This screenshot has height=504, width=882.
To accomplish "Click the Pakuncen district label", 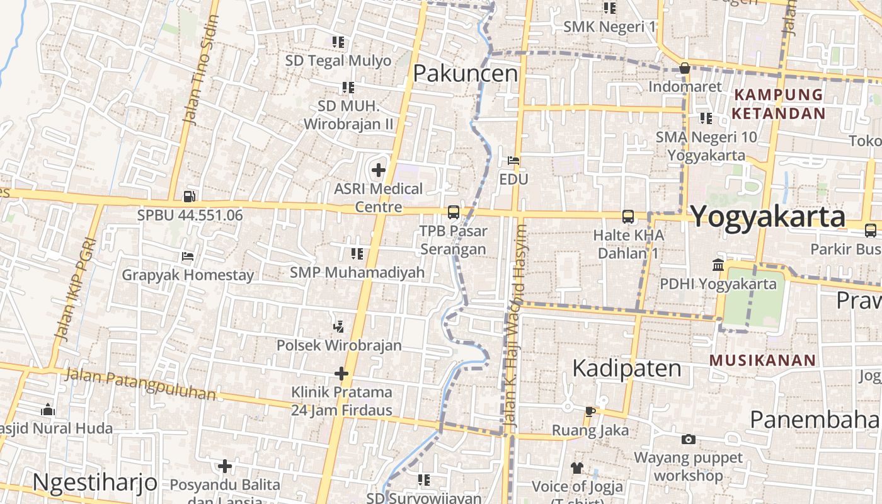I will click(x=465, y=74).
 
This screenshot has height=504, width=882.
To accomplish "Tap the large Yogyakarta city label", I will click(x=768, y=217).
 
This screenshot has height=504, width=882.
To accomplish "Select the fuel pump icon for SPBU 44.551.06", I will click(x=189, y=197).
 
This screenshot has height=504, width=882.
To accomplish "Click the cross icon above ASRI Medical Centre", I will click(x=378, y=170).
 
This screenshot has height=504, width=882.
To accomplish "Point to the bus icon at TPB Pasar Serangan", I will click(x=453, y=212).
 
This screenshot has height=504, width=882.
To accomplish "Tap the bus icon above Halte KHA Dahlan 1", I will click(x=627, y=217).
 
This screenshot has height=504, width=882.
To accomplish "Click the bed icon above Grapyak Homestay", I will click(x=187, y=256).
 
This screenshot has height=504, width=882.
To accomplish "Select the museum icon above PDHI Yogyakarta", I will click(x=718, y=265).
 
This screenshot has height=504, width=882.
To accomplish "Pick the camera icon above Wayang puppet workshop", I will click(x=689, y=439).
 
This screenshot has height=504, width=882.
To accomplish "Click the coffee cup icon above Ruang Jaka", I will click(x=590, y=411).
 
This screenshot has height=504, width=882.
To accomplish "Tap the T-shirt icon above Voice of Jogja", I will click(x=577, y=467).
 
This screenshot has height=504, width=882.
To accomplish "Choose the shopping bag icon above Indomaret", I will click(x=685, y=68).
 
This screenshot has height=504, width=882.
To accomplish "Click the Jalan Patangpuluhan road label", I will click(x=140, y=384).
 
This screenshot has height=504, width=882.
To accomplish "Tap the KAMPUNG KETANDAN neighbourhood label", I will click(x=779, y=104).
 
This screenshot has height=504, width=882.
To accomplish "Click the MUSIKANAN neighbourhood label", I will click(x=762, y=360).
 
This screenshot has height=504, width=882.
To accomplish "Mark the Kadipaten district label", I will click(x=626, y=369).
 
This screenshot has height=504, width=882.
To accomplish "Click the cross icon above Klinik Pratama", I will click(x=341, y=374).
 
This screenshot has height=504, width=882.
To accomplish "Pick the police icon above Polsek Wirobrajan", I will click(x=339, y=326).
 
